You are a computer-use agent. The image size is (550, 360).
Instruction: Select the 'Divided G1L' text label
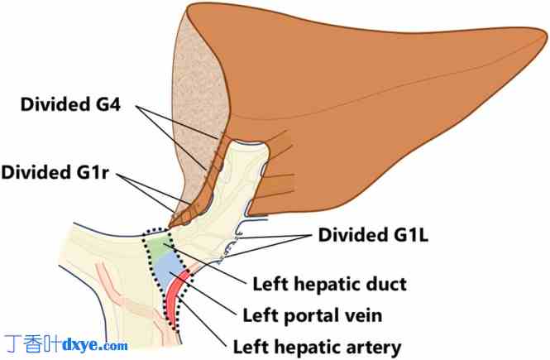pos(385,236)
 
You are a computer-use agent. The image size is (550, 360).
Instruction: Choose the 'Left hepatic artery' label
pos(318,346)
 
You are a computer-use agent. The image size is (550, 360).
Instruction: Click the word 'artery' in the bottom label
pos(375,346)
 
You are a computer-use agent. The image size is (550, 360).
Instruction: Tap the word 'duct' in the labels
pos(386,285)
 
